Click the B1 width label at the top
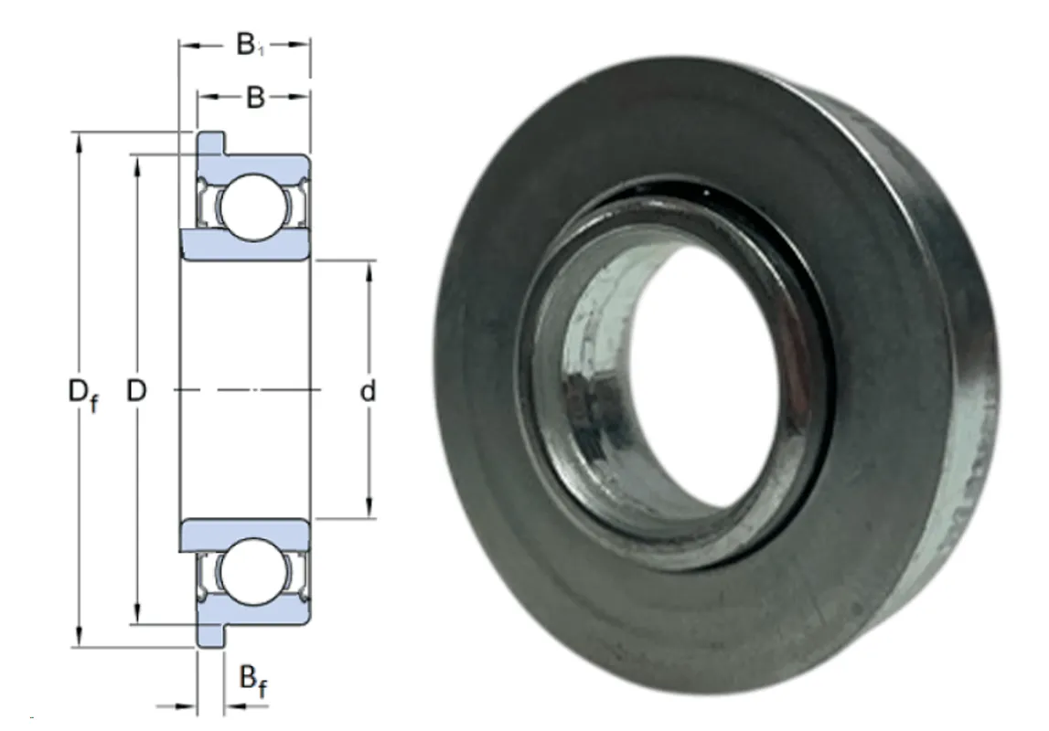(x=251, y=45)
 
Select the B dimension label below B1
(x=255, y=98)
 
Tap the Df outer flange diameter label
(x=83, y=394)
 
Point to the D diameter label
(x=136, y=390)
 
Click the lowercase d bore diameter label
(x=368, y=390)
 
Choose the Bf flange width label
(x=253, y=682)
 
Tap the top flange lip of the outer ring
(x=210, y=143)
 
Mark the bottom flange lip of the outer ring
(x=210, y=635)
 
